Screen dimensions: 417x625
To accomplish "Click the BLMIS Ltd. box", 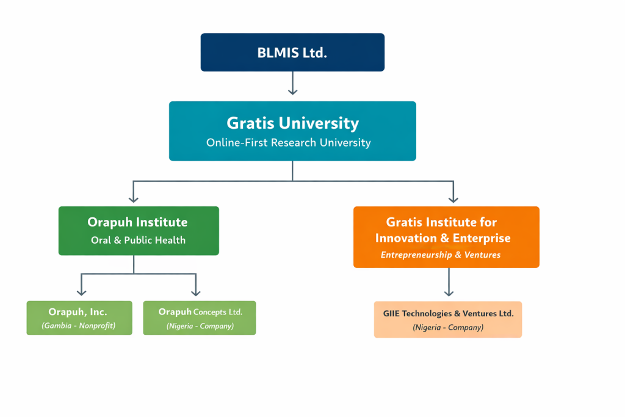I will tap(292, 53).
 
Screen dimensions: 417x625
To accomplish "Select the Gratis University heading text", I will tap(292, 123).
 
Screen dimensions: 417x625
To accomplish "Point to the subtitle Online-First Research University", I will tap(288, 143).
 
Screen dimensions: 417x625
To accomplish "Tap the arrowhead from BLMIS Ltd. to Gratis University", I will tap(292, 91).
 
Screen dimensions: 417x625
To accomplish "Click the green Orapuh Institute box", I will tap(139, 230).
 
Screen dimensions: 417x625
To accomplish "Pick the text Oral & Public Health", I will tap(138, 240).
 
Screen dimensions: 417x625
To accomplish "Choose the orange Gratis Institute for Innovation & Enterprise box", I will tap(446, 237).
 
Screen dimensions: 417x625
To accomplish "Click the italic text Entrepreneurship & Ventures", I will tap(440, 255).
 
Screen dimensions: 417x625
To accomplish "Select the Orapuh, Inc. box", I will tap(79, 317).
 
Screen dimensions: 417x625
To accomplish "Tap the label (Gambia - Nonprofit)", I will tap(79, 326).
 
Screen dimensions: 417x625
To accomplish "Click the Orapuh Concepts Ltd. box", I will tap(200, 317).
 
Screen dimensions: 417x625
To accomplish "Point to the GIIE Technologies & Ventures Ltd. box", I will tap(448, 319).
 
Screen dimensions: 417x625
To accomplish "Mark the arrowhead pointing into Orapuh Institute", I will tap(134, 199).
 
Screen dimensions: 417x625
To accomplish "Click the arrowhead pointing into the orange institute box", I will tap(453, 199).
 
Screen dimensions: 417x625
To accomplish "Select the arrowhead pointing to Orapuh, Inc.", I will tap(81, 292).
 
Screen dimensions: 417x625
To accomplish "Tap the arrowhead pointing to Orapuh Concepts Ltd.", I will tap(195, 292).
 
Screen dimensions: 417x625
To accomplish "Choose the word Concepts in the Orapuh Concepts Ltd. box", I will tap(210, 312).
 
